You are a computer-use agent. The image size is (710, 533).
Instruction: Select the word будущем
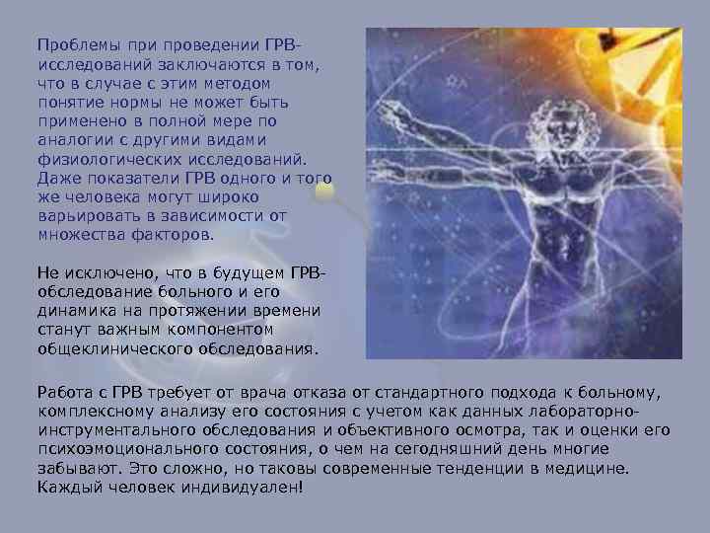click(241, 271)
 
